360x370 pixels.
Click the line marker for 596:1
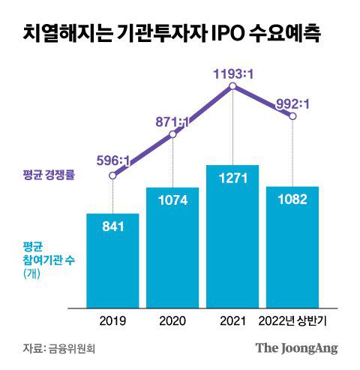tap(112, 176)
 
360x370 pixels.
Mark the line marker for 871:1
tap(172, 134)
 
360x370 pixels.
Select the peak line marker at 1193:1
tap(232, 88)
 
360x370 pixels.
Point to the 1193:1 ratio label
tap(232, 74)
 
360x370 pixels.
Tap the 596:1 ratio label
tap(112, 160)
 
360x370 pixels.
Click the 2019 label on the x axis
tap(112, 320)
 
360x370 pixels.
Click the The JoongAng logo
tap(296, 348)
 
